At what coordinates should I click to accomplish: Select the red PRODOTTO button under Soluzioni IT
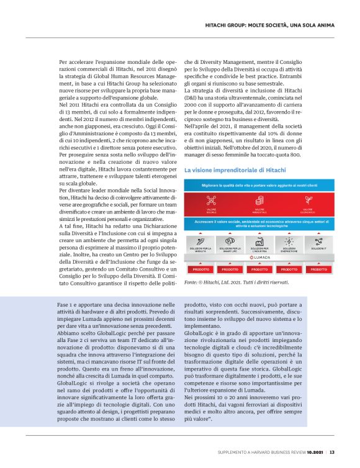pyautogui.click(x=319, y=269)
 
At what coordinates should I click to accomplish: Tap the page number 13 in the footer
pyautogui.click(x=333, y=452)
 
